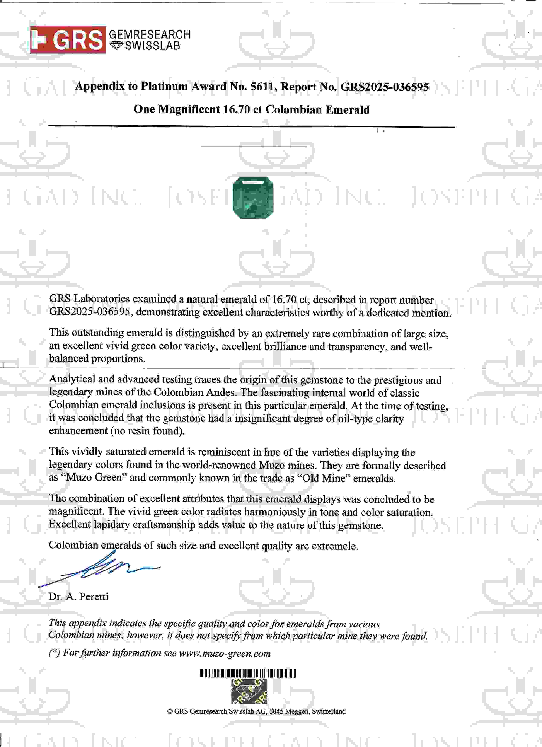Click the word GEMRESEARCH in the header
pyautogui.click(x=149, y=34)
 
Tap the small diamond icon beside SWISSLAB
pyautogui.click(x=115, y=46)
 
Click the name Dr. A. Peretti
pyautogui.click(x=78, y=596)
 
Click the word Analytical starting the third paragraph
pyautogui.click(x=72, y=379)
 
